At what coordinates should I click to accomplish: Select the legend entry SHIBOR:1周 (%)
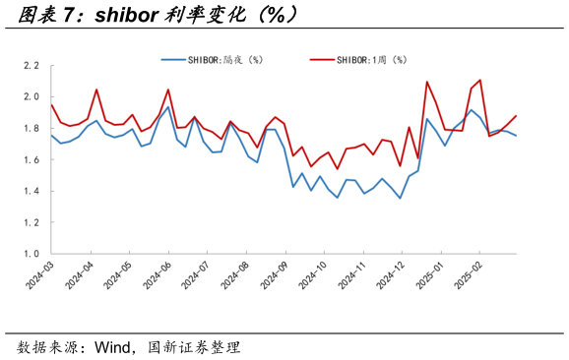[x=373, y=59]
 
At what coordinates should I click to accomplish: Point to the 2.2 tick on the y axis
[x=32, y=66]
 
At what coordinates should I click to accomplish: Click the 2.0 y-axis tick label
[x=32, y=97]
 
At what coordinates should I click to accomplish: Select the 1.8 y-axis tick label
[x=32, y=129]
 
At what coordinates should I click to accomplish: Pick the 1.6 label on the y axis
[x=32, y=160]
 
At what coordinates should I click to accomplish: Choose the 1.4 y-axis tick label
[x=32, y=192]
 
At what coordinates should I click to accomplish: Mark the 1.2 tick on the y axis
[x=32, y=223]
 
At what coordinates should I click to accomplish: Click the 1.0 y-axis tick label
[x=32, y=254]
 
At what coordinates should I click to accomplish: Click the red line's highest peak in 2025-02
[x=479, y=80]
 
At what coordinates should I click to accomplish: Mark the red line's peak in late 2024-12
[x=427, y=82]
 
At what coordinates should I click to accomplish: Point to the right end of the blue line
[x=516, y=136]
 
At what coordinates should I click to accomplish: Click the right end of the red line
[x=516, y=116]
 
